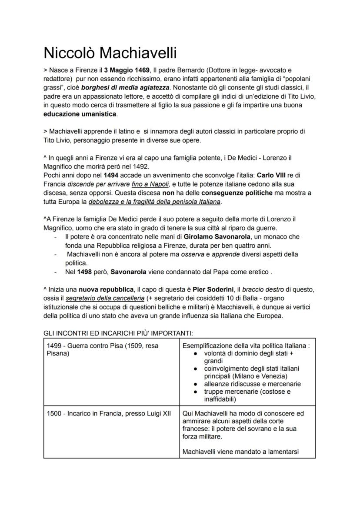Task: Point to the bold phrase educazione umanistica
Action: [x=80, y=114]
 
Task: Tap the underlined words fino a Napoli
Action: [x=150, y=184]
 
